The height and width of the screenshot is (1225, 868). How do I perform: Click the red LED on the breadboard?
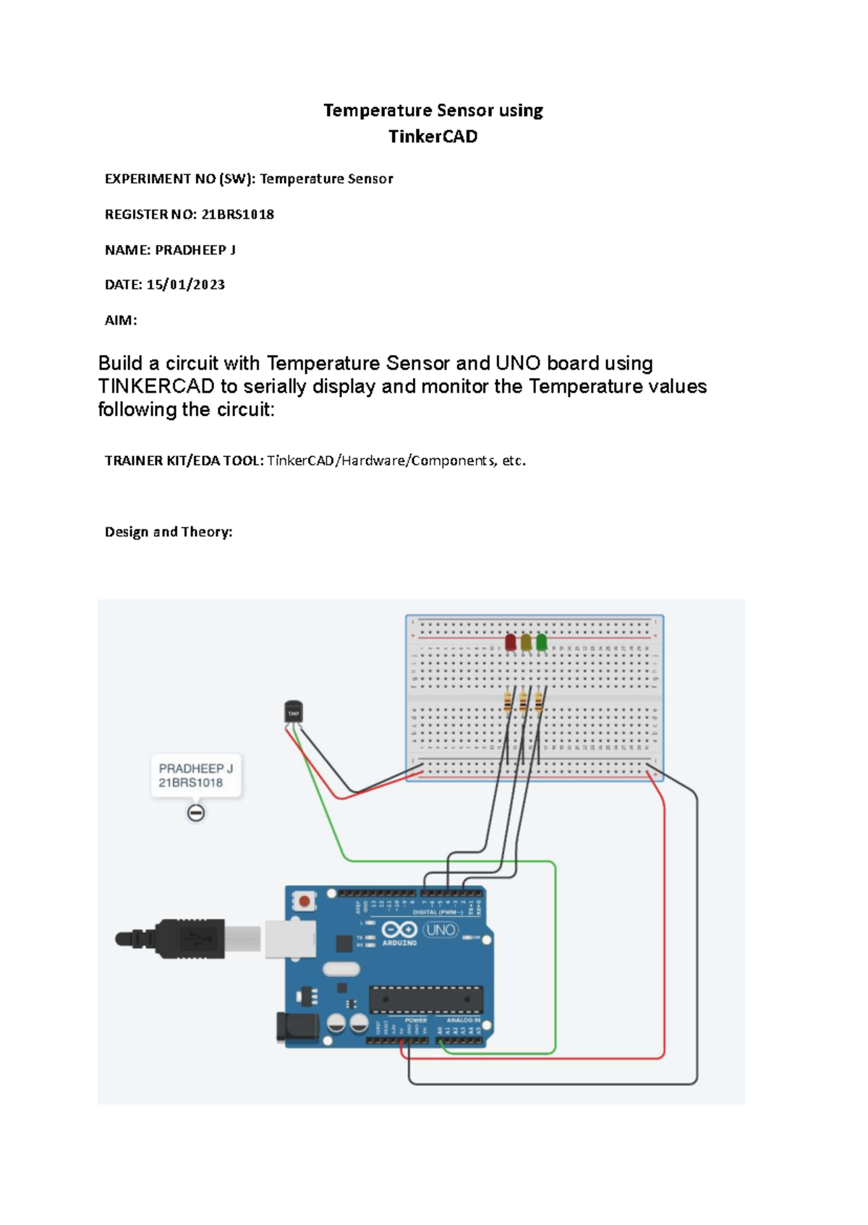(511, 641)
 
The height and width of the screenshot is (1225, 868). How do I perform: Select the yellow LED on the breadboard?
(526, 641)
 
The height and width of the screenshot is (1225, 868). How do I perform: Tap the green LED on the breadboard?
(541, 641)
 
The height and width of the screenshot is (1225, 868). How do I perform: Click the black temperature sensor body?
(293, 712)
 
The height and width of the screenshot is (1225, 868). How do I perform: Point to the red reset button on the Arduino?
(305, 901)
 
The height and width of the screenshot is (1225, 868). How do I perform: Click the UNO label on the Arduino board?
(441, 930)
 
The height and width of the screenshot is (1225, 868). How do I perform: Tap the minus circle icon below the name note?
(196, 813)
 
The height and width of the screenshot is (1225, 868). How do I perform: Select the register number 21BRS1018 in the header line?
(237, 214)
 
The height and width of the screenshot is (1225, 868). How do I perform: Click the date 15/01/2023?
(185, 285)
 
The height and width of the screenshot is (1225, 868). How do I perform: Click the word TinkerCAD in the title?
(433, 137)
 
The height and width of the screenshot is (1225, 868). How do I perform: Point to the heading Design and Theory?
(169, 532)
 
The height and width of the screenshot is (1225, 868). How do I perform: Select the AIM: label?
(121, 320)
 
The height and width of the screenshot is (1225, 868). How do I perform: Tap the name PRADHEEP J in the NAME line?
(195, 250)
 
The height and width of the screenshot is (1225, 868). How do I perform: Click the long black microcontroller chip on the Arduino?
(426, 999)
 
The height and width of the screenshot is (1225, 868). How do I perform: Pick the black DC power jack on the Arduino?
(297, 1028)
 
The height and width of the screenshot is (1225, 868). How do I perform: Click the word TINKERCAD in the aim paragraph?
(156, 386)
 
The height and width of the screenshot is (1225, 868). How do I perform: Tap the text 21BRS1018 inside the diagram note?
(191, 783)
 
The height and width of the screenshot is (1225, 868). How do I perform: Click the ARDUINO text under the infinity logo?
(399, 943)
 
